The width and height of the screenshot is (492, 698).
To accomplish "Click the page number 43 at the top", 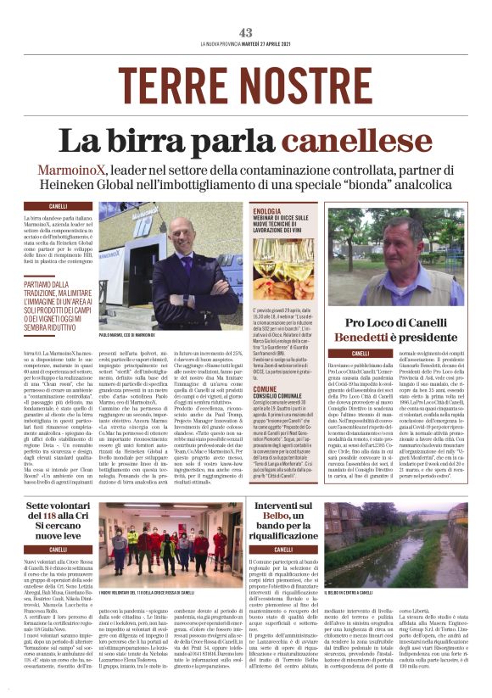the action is (246, 32).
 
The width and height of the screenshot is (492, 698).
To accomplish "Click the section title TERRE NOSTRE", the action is (246, 86).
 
